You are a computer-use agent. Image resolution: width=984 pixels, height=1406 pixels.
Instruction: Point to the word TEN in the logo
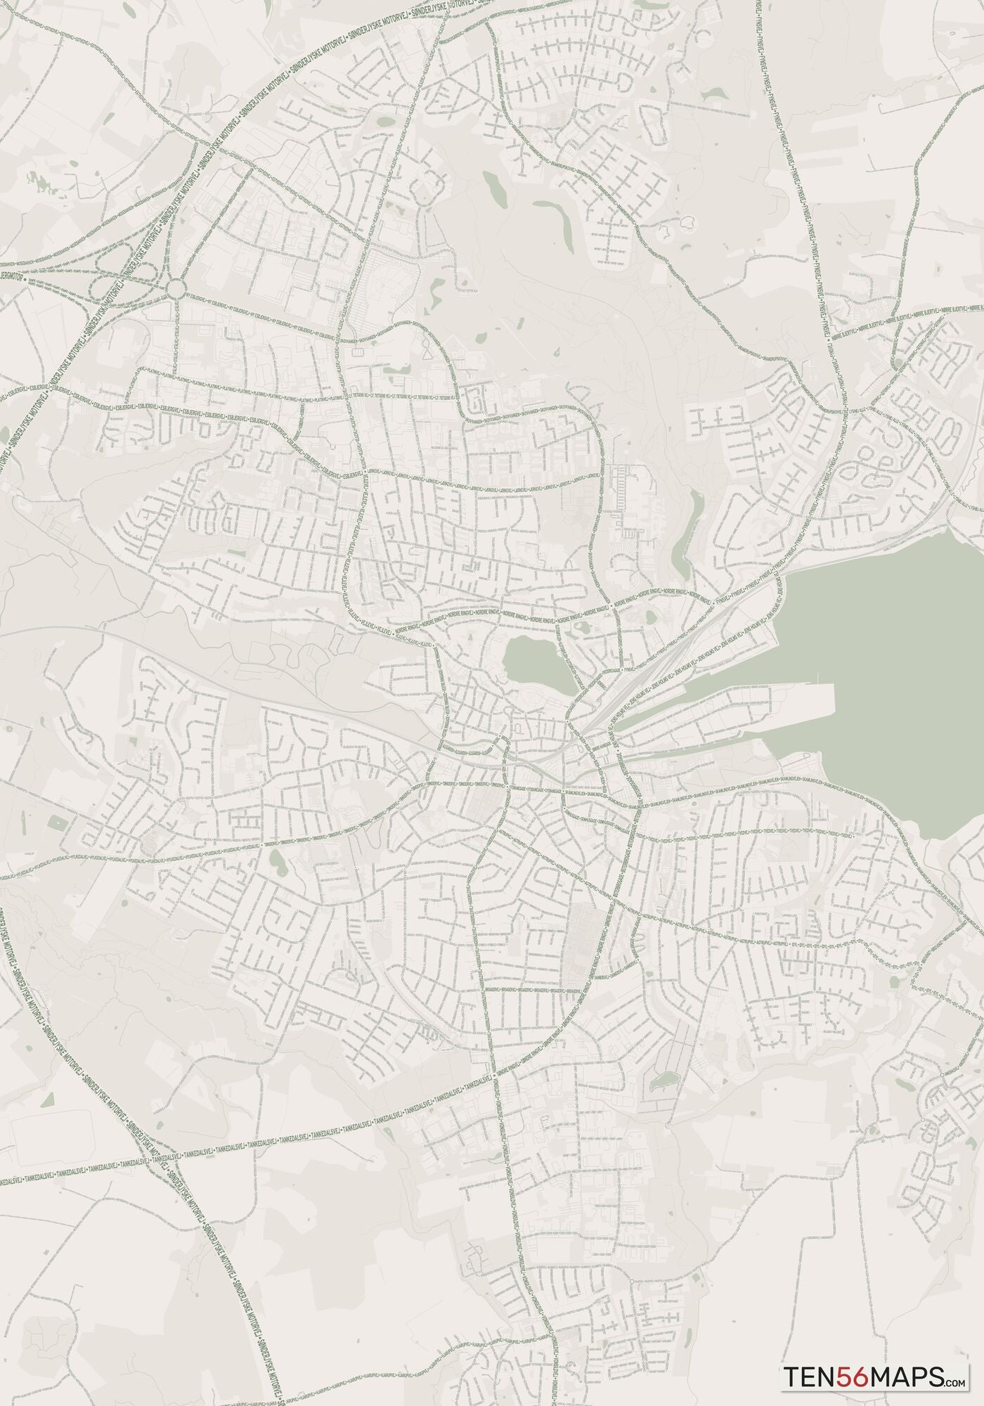pos(809,1374)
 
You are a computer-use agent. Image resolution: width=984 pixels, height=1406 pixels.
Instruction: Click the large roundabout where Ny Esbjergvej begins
pos(176,287)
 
